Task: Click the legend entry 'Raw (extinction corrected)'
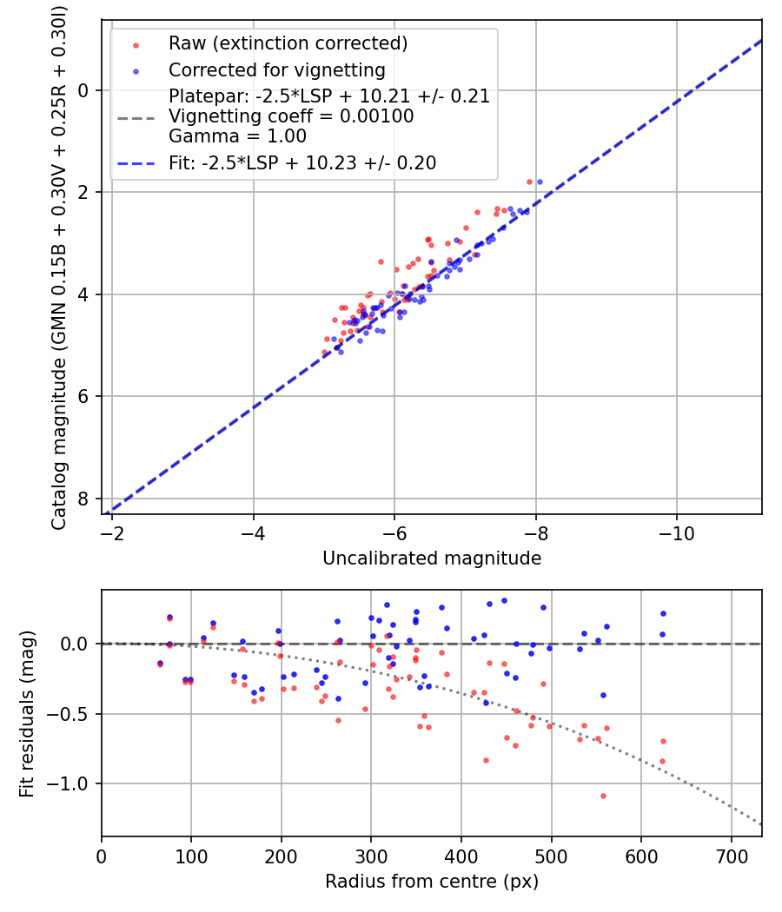288,43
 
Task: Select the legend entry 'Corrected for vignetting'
276,69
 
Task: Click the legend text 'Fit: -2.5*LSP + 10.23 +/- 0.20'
302,162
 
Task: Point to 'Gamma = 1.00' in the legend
237,135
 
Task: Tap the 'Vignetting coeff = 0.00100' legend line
291,116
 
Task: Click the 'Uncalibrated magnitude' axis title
432,558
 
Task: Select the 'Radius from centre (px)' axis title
432,882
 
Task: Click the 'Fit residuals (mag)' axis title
29,713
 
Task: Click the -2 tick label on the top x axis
111,532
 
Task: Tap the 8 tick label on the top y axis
83,499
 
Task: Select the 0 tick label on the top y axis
83,90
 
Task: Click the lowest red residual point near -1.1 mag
603,796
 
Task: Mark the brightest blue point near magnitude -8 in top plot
540,182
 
